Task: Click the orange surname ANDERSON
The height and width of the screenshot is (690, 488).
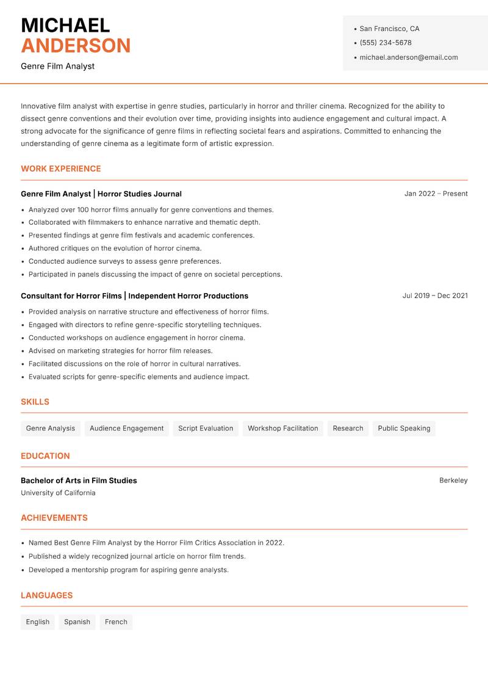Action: pyautogui.click(x=76, y=46)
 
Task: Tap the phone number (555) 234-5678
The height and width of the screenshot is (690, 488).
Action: pyautogui.click(x=385, y=43)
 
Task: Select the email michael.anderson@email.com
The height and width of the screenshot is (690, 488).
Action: pyautogui.click(x=408, y=57)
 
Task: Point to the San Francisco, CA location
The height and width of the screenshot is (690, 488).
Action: pyautogui.click(x=389, y=29)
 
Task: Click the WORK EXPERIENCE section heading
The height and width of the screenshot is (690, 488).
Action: pyautogui.click(x=61, y=169)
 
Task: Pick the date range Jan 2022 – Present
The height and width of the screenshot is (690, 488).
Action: pyautogui.click(x=436, y=194)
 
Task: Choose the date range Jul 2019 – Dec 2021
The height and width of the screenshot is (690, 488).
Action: pyautogui.click(x=435, y=296)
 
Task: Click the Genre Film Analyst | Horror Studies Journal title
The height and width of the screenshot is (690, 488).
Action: pyautogui.click(x=101, y=194)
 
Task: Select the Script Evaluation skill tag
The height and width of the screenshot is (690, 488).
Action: pyautogui.click(x=206, y=428)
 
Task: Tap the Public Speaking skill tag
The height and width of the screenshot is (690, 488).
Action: pyautogui.click(x=404, y=428)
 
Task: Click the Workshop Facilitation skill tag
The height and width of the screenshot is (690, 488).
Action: pyautogui.click(x=283, y=428)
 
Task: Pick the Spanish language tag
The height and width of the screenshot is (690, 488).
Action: pyautogui.click(x=77, y=622)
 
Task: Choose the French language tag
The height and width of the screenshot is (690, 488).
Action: pyautogui.click(x=116, y=622)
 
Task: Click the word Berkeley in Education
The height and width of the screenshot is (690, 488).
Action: pyautogui.click(x=453, y=481)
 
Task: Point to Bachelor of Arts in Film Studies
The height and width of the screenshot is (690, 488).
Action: pyautogui.click(x=79, y=481)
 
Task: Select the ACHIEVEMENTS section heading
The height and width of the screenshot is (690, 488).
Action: pyautogui.click(x=54, y=518)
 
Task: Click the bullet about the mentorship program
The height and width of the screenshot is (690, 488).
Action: pyautogui.click(x=129, y=570)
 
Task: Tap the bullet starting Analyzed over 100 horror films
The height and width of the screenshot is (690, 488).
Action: pyautogui.click(x=151, y=209)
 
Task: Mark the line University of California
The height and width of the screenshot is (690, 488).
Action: pyautogui.click(x=58, y=493)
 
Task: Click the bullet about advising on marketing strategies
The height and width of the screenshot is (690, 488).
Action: pyautogui.click(x=121, y=351)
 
